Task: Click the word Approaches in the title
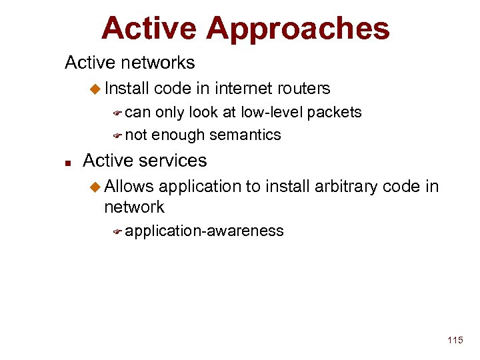(x=298, y=29)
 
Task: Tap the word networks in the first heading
(x=162, y=63)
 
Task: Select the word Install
(x=127, y=88)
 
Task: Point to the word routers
(x=304, y=88)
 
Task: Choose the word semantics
(x=245, y=135)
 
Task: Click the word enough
(x=178, y=135)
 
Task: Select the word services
(x=175, y=161)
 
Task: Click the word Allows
(x=129, y=186)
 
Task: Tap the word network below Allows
(x=134, y=207)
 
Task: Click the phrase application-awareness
(x=204, y=231)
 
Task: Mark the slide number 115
(x=455, y=341)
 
